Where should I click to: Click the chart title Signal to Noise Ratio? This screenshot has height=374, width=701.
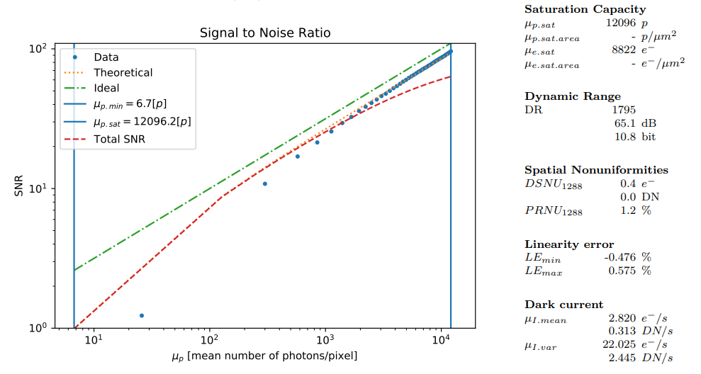point(264,33)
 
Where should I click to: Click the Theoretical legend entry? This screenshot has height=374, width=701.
point(123,72)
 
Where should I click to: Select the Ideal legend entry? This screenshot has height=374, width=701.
point(106,88)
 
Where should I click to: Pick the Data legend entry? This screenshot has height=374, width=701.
point(106,57)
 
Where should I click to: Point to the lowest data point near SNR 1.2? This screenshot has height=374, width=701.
point(142,315)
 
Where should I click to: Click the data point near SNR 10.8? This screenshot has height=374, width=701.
point(265,183)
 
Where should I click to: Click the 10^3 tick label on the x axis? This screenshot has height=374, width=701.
point(325,340)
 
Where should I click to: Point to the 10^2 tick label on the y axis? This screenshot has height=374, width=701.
point(38,49)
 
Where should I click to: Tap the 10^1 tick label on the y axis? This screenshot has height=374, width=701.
point(38,188)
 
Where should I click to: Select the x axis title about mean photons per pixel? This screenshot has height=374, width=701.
point(264,355)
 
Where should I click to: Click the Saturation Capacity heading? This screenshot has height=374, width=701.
point(585,9)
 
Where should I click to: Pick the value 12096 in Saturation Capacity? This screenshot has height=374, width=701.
point(621,23)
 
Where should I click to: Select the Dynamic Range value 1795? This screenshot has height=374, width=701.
point(624,110)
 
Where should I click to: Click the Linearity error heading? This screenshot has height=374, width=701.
point(569,244)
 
